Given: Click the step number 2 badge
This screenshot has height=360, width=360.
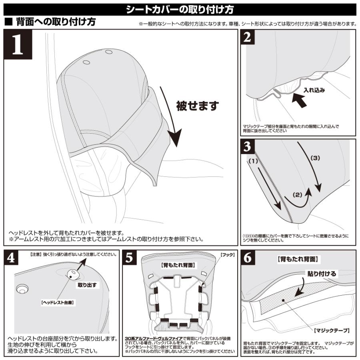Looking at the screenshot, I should point(248,37).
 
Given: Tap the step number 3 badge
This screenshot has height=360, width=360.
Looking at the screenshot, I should point(248,146).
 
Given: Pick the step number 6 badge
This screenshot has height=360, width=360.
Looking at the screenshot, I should point(248,258).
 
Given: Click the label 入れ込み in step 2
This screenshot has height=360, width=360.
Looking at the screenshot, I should point(314,90).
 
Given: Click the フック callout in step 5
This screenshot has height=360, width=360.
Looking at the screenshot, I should point(228,255).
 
